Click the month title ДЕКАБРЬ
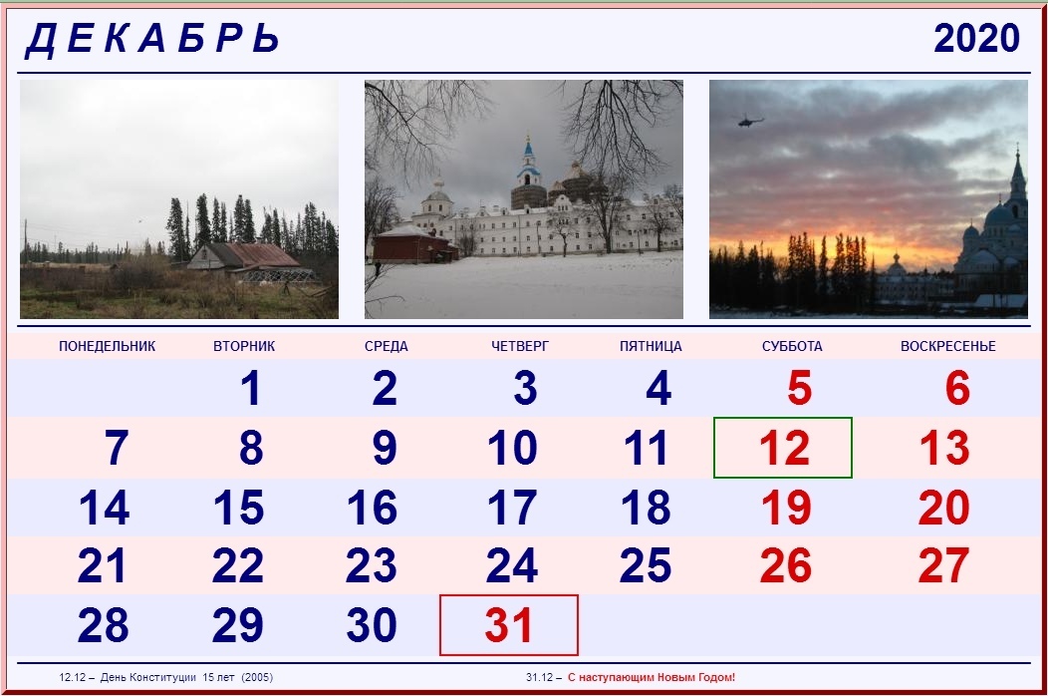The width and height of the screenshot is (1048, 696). pyautogui.click(x=153, y=39)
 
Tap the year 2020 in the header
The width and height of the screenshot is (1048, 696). pyautogui.click(x=976, y=38)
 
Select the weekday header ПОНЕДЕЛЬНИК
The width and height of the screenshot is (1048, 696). pyautogui.click(x=107, y=346)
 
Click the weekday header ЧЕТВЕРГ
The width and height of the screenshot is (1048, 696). pyautogui.click(x=520, y=346)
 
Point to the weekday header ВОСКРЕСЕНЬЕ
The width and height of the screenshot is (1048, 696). pyautogui.click(x=947, y=346)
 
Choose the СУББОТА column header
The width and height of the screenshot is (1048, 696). pyautogui.click(x=792, y=346)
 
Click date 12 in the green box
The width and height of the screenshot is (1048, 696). pyautogui.click(x=785, y=448)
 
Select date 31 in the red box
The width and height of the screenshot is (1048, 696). pyautogui.click(x=509, y=625)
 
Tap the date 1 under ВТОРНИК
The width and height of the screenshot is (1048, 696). pyautogui.click(x=251, y=388)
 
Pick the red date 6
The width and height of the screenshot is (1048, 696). pyautogui.click(x=957, y=388)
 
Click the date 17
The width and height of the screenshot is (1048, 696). pyautogui.click(x=512, y=508)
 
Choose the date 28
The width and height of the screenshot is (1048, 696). pyautogui.click(x=103, y=625)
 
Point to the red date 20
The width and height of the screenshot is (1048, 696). pyautogui.click(x=943, y=508)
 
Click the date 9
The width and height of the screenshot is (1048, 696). pyautogui.click(x=385, y=448)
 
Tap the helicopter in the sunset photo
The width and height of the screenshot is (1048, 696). pyautogui.click(x=750, y=121)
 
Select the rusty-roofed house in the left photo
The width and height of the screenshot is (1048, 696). pyautogui.click(x=247, y=259)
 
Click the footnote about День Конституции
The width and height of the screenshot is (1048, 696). pyautogui.click(x=165, y=677)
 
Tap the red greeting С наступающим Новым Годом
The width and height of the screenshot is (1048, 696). pyautogui.click(x=652, y=677)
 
